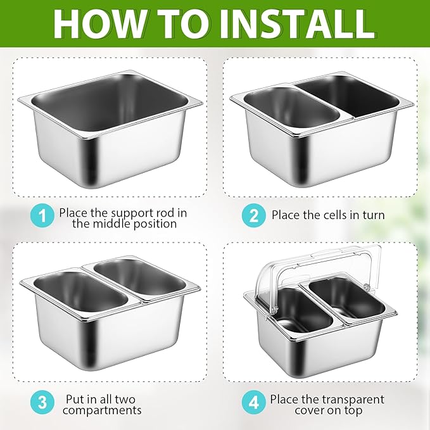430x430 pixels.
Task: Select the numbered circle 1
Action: [x=42, y=215]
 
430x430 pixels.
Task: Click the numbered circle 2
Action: [x=254, y=215]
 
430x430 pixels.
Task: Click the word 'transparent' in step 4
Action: [x=353, y=399]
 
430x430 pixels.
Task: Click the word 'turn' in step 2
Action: [x=373, y=215]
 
